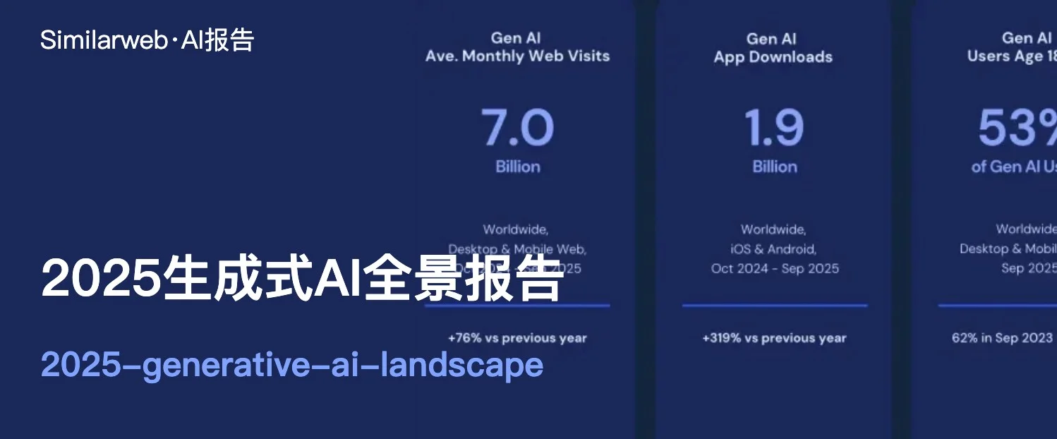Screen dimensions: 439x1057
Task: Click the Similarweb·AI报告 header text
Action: click(147, 40)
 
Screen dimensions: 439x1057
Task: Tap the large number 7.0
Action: click(517, 128)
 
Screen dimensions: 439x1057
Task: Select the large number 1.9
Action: click(774, 128)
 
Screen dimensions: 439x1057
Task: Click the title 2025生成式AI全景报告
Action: click(303, 279)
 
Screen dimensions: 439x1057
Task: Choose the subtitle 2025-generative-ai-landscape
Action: click(292, 365)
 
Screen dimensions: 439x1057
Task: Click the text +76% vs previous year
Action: click(517, 338)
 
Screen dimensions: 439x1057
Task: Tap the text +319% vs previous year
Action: click(774, 338)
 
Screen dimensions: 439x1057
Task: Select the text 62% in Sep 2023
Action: click(1002, 338)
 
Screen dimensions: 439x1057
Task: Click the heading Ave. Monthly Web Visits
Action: click(517, 56)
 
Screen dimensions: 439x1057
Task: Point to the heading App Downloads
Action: click(773, 57)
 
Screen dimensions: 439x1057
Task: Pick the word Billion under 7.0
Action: click(517, 167)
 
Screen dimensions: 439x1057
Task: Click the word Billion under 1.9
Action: click(774, 167)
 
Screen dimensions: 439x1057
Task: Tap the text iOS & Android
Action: click(773, 248)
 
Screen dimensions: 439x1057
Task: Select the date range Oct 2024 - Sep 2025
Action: click(775, 268)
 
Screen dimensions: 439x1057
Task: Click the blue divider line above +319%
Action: click(774, 306)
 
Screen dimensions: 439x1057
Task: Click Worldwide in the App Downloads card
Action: click(773, 229)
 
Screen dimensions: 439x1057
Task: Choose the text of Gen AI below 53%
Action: click(1013, 167)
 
